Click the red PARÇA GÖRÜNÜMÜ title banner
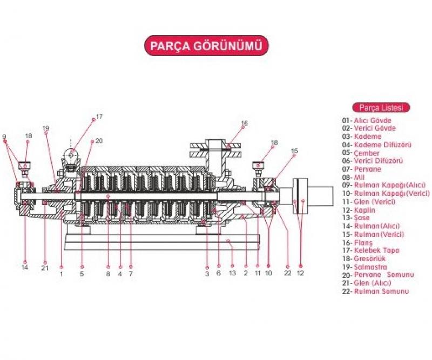click(206, 46)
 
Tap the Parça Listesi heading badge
click(381, 107)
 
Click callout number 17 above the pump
click(99, 117)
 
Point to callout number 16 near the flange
click(244, 124)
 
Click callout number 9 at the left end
click(4, 135)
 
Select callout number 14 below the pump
click(25, 267)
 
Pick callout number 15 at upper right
click(294, 151)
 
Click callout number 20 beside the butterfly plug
click(99, 141)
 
